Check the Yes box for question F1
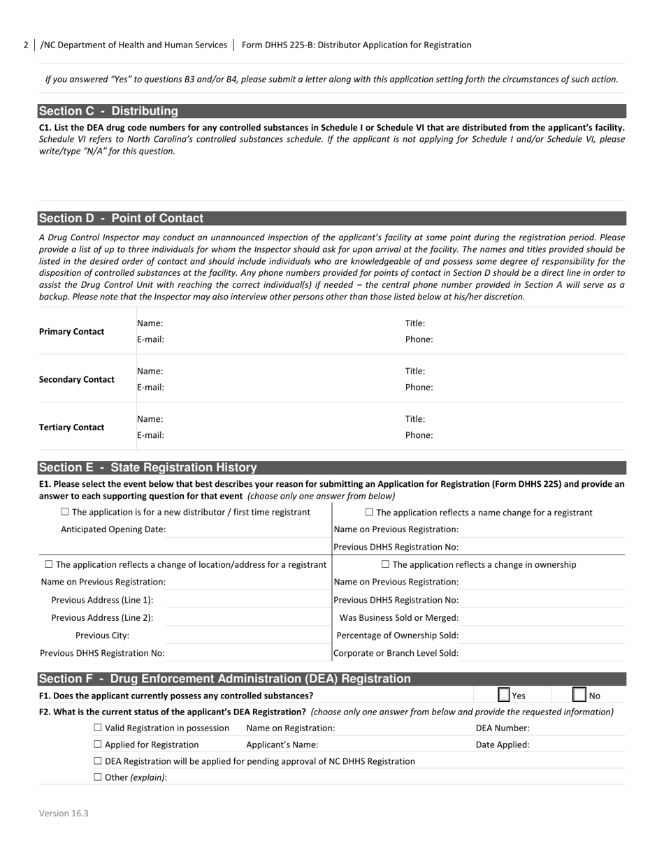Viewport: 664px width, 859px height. tap(503, 695)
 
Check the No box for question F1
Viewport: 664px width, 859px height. tap(579, 695)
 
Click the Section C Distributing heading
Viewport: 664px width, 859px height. tap(108, 111)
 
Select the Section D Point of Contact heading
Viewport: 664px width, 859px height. tap(121, 218)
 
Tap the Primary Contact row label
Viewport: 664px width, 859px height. tap(71, 332)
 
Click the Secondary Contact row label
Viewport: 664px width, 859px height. tap(76, 379)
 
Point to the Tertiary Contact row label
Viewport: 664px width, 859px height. tap(71, 427)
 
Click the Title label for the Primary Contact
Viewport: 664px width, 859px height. tap(415, 323)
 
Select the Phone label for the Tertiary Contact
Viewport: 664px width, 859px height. tap(419, 435)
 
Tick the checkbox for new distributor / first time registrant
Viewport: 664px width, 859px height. tap(65, 512)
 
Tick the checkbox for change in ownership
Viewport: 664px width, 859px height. tap(385, 564)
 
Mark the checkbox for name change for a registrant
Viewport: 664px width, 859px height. tap(369, 512)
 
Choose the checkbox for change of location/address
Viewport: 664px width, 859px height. tap(49, 564)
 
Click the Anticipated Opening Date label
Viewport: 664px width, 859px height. tap(113, 529)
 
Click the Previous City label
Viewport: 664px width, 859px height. tap(102, 636)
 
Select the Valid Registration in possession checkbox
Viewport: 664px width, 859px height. tap(98, 728)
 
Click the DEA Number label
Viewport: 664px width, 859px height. tap(502, 728)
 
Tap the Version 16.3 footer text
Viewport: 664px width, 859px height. tap(64, 813)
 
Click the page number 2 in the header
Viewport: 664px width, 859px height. tap(26, 45)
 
